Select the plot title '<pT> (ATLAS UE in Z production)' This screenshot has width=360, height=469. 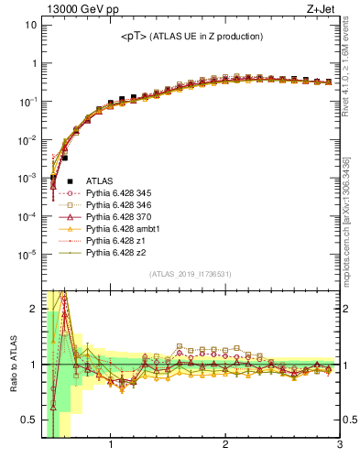[192, 36]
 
